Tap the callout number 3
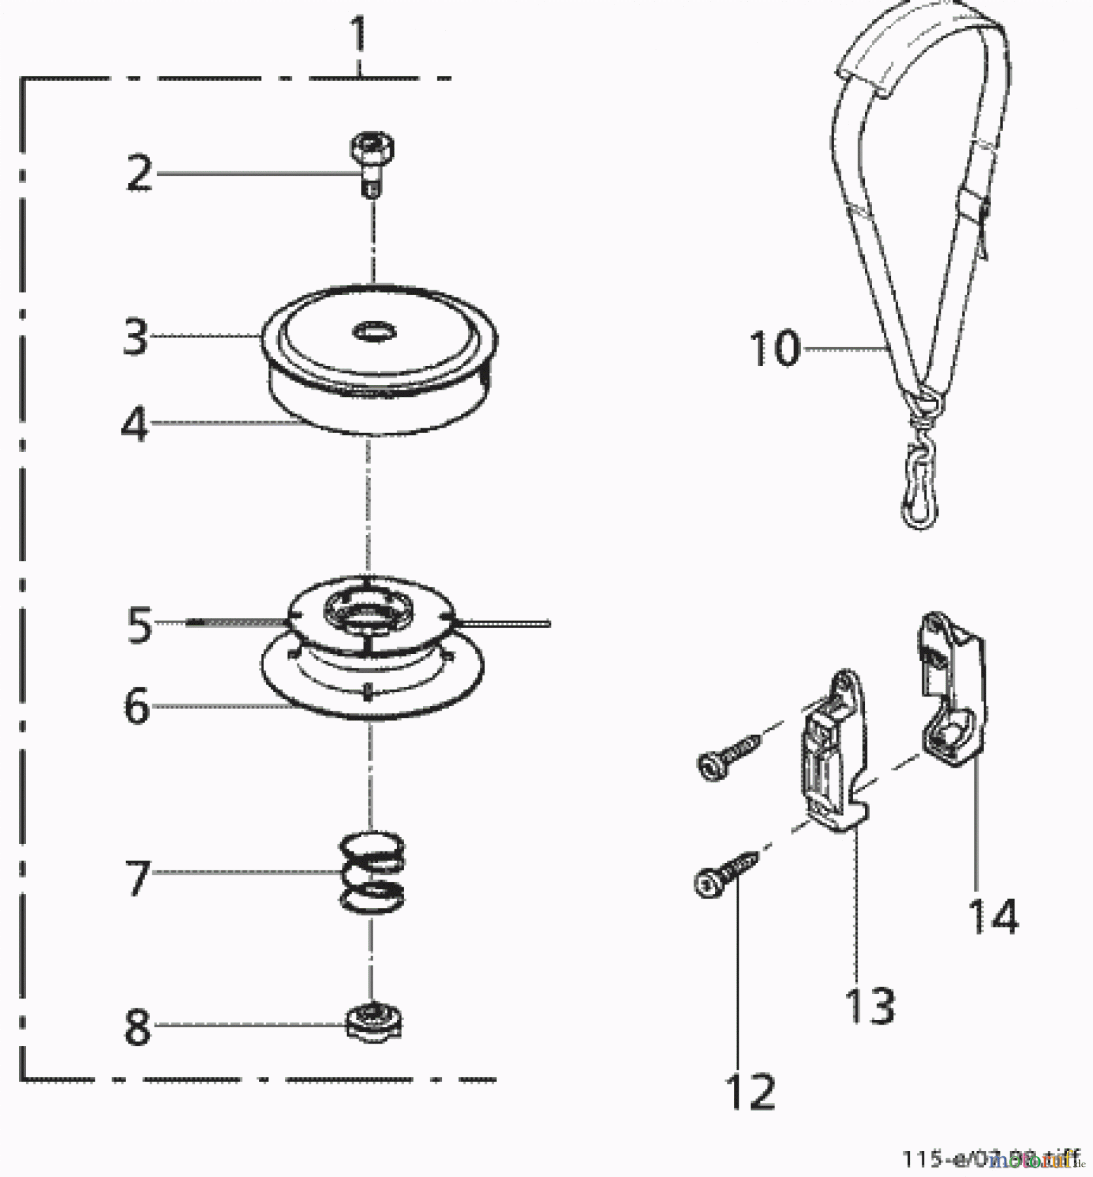pos(136,337)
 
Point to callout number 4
pos(135,426)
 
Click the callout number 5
pos(139,624)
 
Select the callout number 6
pos(137,707)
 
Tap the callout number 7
pos(138,878)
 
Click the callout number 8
pos(137,1027)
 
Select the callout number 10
pos(774,348)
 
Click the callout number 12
pos(750,1091)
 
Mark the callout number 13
pos(870,1006)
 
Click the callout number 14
pos(992,917)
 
